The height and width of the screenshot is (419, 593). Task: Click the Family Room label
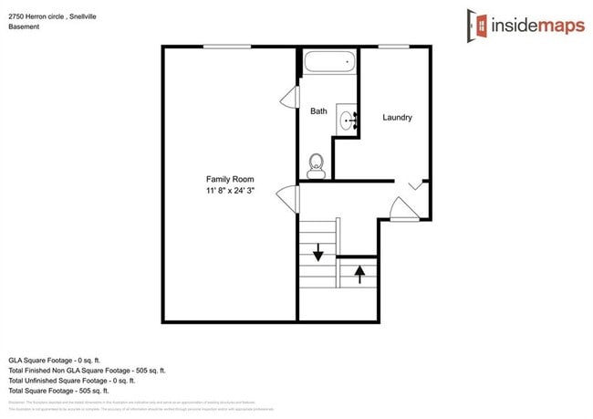tap(230, 179)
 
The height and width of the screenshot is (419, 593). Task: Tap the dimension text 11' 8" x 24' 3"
tap(230, 192)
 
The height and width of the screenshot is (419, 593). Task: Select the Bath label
tap(318, 111)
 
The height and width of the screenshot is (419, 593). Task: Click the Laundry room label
tap(397, 117)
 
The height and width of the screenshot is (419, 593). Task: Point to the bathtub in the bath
tap(328, 65)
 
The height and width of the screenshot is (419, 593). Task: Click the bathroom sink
tap(348, 120)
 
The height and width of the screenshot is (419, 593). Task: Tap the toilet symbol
tap(317, 164)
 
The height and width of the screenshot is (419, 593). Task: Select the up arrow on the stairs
tap(359, 273)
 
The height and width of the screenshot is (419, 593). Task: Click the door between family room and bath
tap(290, 97)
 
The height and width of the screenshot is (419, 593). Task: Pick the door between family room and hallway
tap(291, 199)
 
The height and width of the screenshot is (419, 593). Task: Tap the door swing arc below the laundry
tap(403, 210)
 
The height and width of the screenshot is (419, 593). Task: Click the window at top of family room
tap(227, 47)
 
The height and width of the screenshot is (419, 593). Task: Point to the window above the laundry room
tap(393, 47)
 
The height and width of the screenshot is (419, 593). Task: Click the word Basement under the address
tap(25, 26)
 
